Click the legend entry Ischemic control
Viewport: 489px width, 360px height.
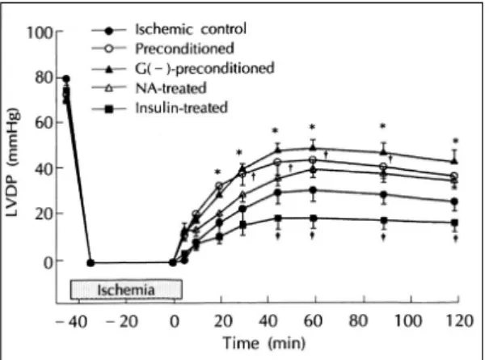pos(191,29)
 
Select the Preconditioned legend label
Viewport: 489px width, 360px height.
pos(184,49)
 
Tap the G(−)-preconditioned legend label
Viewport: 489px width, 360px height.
pos(204,69)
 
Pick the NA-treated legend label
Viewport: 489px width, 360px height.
pos(171,88)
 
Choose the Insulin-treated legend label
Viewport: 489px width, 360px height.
pos(181,108)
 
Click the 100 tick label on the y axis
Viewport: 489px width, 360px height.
pos(40,32)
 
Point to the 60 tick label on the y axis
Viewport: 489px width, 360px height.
pos(44,123)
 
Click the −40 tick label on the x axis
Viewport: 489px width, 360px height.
pos(71,321)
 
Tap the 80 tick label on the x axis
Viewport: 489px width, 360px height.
pos(358,320)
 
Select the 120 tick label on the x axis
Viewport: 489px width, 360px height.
pos(460,320)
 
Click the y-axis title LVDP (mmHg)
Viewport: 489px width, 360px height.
pos(13,162)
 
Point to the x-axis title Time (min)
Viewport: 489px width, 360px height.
pos(264,343)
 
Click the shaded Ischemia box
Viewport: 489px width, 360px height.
pos(126,290)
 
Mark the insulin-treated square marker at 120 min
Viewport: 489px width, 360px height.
pos(455,223)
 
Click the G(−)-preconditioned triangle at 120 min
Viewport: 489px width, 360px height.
pos(455,161)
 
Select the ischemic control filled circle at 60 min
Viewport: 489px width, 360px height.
pos(313,190)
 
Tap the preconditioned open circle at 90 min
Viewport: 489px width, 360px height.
pos(384,167)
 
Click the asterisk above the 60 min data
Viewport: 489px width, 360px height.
pos(312,127)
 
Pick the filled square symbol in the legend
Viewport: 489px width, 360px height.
pos(108,109)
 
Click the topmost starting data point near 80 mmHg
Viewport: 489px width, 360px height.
pos(66,78)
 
